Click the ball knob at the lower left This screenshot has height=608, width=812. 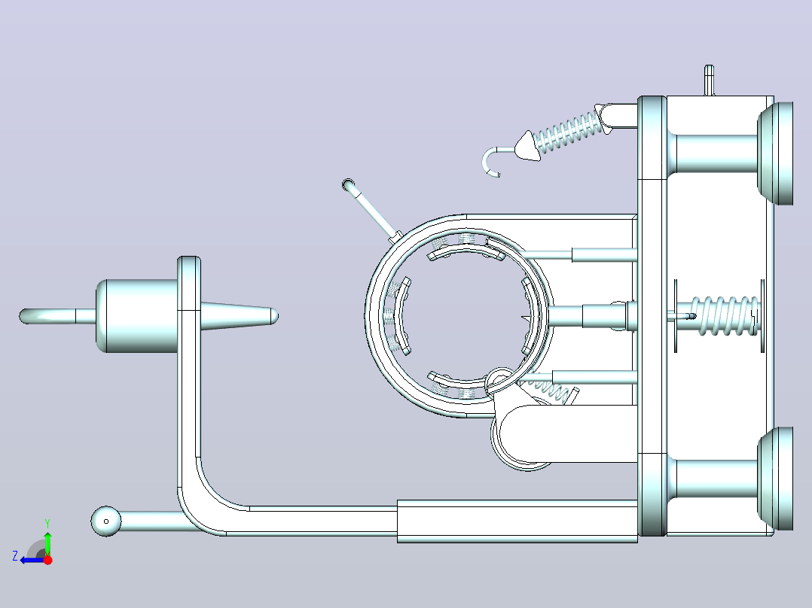click(106, 521)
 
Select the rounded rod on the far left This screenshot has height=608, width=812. click(57, 316)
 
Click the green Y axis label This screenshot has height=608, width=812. click(47, 524)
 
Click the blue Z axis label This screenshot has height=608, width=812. click(15, 556)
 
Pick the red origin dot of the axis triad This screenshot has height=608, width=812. click(47, 560)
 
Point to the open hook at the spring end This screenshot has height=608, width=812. click(492, 161)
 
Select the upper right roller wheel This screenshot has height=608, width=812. click(775, 154)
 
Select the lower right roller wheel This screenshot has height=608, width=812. click(775, 479)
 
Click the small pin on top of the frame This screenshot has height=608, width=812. click(710, 81)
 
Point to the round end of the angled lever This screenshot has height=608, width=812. click(349, 184)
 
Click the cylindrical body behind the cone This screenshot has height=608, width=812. click(137, 316)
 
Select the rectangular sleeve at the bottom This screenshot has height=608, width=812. click(517, 521)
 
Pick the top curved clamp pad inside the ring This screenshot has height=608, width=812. click(466, 252)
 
